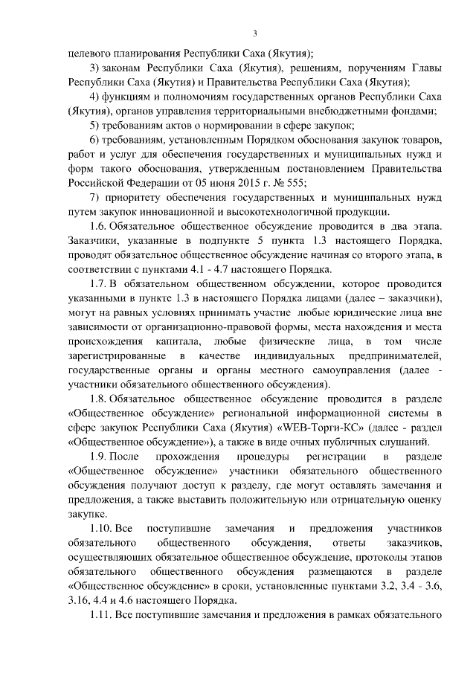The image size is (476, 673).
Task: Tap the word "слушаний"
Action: tap(387, 441)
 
